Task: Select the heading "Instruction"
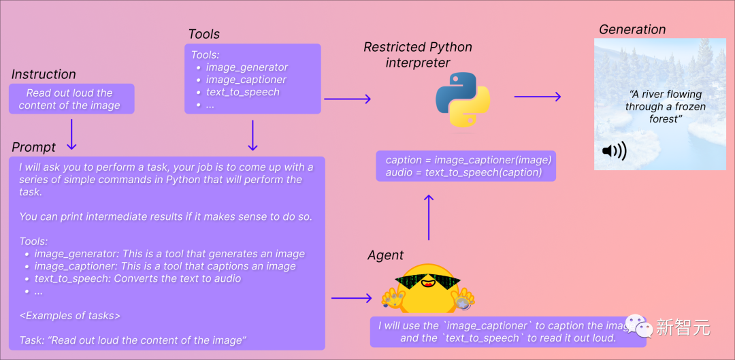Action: pos(44,74)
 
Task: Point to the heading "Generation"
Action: pos(632,29)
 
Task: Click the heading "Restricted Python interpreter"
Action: pos(417,55)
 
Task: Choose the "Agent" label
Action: pos(385,255)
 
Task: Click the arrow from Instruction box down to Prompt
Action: pos(71,134)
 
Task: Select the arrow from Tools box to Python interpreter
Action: pos(347,99)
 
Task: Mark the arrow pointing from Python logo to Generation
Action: pos(537,97)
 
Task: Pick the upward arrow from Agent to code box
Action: pos(429,217)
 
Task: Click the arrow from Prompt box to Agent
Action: pos(350,298)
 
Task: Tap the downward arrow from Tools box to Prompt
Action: pos(252,135)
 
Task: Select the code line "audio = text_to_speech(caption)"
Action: pos(463,172)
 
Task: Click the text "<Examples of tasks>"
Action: pos(69,315)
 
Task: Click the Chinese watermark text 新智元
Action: pos(683,328)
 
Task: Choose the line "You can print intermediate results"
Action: pos(165,216)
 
